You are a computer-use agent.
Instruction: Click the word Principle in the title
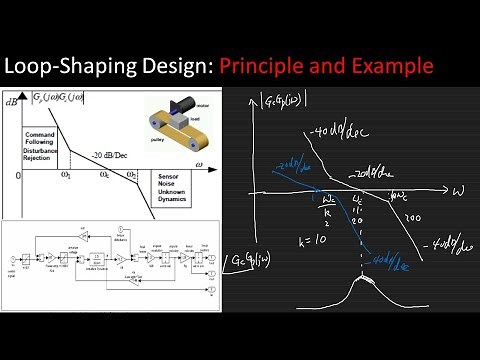pyautogui.click(x=265, y=67)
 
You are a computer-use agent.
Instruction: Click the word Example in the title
pyautogui.click(x=392, y=67)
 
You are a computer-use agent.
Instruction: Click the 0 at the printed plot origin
pyautogui.click(x=18, y=176)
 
